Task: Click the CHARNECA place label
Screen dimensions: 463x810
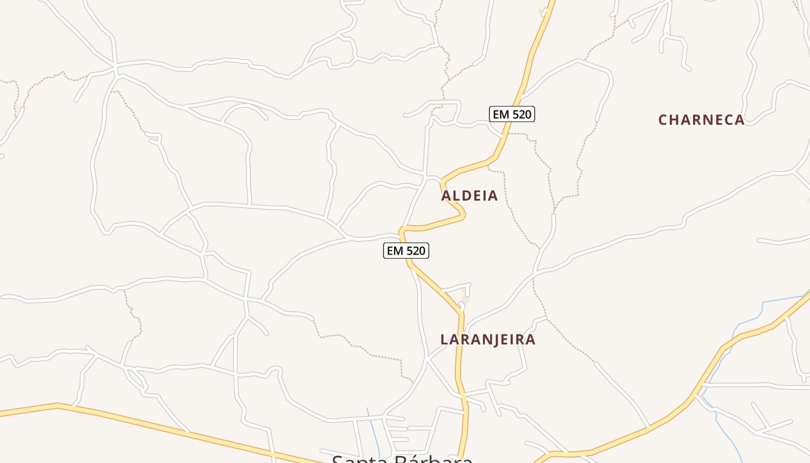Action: pos(701,120)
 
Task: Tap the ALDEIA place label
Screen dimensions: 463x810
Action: pos(469,196)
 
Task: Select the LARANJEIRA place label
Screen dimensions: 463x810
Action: pos(488,340)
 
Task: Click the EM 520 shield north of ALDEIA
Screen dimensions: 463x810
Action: pos(511,115)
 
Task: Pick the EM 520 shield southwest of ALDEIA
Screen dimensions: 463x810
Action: pos(406,251)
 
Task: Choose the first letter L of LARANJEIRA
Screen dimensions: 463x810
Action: pos(444,340)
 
